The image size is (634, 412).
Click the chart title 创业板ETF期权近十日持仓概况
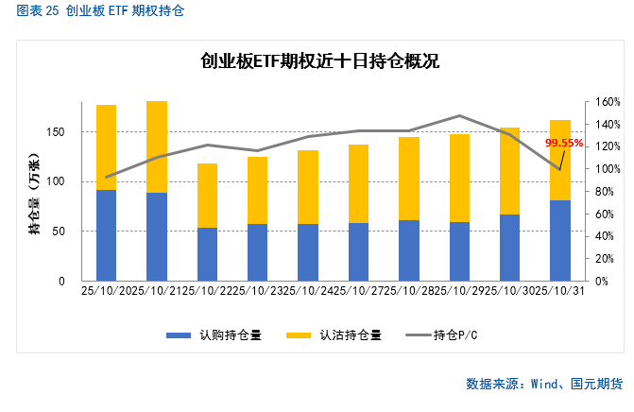[320, 62]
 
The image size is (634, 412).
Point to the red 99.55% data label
[565, 144]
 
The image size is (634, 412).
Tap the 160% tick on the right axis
[608, 102]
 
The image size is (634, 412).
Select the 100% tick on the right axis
[608, 169]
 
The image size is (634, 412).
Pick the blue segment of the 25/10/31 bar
[560, 240]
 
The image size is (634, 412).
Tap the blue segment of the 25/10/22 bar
[207, 254]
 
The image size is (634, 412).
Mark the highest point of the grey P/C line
[459, 116]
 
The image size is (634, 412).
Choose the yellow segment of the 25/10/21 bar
[157, 146]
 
